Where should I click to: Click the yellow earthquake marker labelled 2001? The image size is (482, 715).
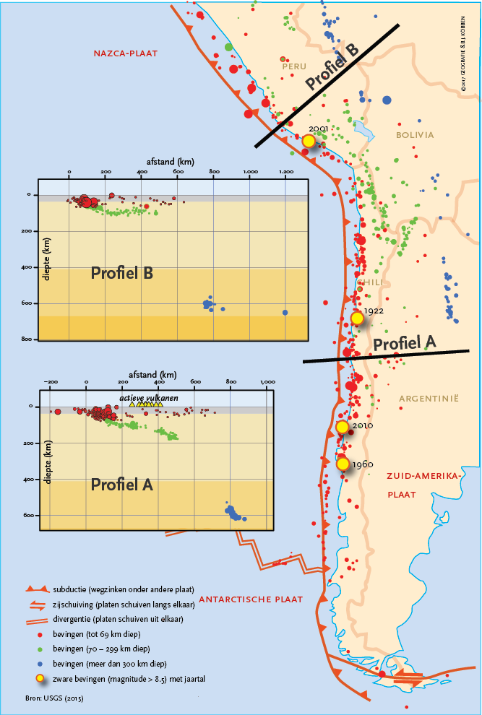(x=309, y=142)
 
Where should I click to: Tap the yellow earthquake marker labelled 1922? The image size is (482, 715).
(x=356, y=318)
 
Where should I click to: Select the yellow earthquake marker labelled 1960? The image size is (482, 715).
(x=343, y=464)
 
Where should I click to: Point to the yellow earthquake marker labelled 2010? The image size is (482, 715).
(x=343, y=427)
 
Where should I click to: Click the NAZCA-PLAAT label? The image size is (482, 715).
(x=125, y=53)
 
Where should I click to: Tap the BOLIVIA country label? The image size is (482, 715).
(x=415, y=135)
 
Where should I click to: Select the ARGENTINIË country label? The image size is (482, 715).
(x=429, y=398)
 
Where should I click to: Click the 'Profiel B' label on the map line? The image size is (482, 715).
(x=332, y=69)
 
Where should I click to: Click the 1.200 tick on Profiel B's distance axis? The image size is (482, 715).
(x=286, y=172)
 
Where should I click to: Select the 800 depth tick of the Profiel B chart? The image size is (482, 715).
(x=27, y=339)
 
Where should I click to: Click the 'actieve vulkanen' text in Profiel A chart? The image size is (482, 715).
(x=150, y=398)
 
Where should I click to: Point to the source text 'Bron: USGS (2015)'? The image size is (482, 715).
(x=48, y=698)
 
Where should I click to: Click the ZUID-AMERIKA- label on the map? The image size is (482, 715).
(x=423, y=477)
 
